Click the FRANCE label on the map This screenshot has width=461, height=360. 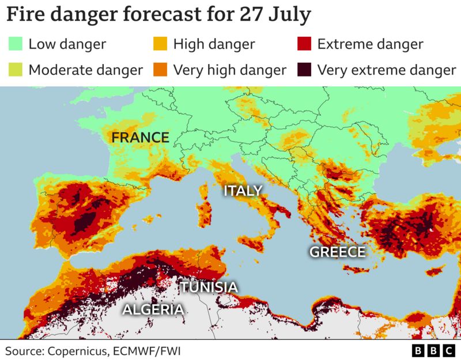pyautogui.click(x=140, y=138)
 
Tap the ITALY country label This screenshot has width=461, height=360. pyautogui.click(x=243, y=191)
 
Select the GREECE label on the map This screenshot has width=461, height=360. pyautogui.click(x=338, y=252)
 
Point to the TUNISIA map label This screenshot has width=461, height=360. pyautogui.click(x=209, y=287)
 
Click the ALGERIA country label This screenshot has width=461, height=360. pyautogui.click(x=153, y=310)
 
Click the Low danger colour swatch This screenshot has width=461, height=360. pyautogui.click(x=16, y=44)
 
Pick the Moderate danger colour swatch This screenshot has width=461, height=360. pyautogui.click(x=16, y=70)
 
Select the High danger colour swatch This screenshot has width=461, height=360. pyautogui.click(x=160, y=44)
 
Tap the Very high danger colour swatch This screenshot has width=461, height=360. pyautogui.click(x=160, y=70)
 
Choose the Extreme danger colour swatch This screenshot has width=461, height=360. pyautogui.click(x=304, y=44)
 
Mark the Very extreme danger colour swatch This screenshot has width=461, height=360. pyautogui.click(x=304, y=70)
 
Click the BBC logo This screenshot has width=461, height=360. pyautogui.click(x=433, y=350)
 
